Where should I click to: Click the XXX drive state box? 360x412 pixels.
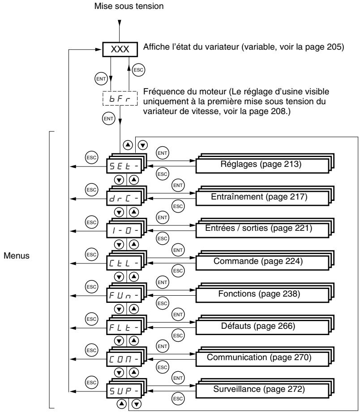pos(120,49)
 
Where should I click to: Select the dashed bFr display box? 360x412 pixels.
pos(120,98)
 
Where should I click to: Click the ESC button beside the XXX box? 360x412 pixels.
pos(138,70)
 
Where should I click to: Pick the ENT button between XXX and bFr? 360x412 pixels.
pos(101,79)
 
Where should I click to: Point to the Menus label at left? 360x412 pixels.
pos(17,256)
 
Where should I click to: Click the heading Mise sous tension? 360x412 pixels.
pos(129,6)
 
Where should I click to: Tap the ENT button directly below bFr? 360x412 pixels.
pos(108,119)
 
